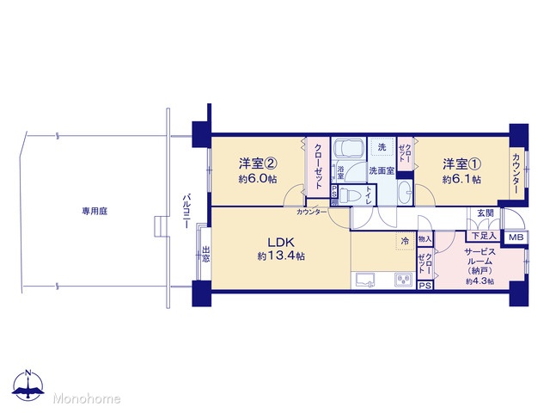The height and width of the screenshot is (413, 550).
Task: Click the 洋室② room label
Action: pyautogui.click(x=258, y=163)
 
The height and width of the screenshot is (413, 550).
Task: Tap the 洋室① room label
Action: pyautogui.click(x=461, y=163)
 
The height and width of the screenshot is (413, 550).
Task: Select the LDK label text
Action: pyautogui.click(x=281, y=242)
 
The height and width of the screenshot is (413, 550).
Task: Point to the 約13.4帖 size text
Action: pyautogui.click(x=281, y=256)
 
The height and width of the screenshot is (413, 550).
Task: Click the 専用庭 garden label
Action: pyautogui.click(x=95, y=211)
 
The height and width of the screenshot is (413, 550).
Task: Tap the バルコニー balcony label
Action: pyautogui.click(x=186, y=211)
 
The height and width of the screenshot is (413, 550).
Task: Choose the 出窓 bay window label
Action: pyautogui.click(x=206, y=255)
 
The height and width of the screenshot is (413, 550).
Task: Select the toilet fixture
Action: pyautogui.click(x=351, y=195)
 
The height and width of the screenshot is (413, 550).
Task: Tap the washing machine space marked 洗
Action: pyautogui.click(x=382, y=147)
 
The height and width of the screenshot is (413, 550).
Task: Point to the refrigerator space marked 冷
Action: pyautogui.click(x=405, y=241)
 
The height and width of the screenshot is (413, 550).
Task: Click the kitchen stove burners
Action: pyautogui.click(x=404, y=280)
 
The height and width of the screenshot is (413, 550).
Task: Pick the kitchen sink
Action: pyautogui.click(x=365, y=280)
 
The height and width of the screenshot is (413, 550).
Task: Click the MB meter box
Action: pyautogui.click(x=516, y=237)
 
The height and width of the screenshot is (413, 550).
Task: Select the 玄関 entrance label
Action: pyautogui.click(x=486, y=213)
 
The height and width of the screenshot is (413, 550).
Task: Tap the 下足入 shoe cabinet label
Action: pyautogui.click(x=484, y=236)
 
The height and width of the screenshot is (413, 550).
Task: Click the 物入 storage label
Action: pyautogui.click(x=425, y=239)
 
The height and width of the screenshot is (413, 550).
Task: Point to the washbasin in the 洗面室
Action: pyautogui.click(x=406, y=192)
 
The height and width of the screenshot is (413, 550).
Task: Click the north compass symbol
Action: pyautogui.click(x=28, y=385)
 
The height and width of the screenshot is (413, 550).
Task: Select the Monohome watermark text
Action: pyautogui.click(x=87, y=398)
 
